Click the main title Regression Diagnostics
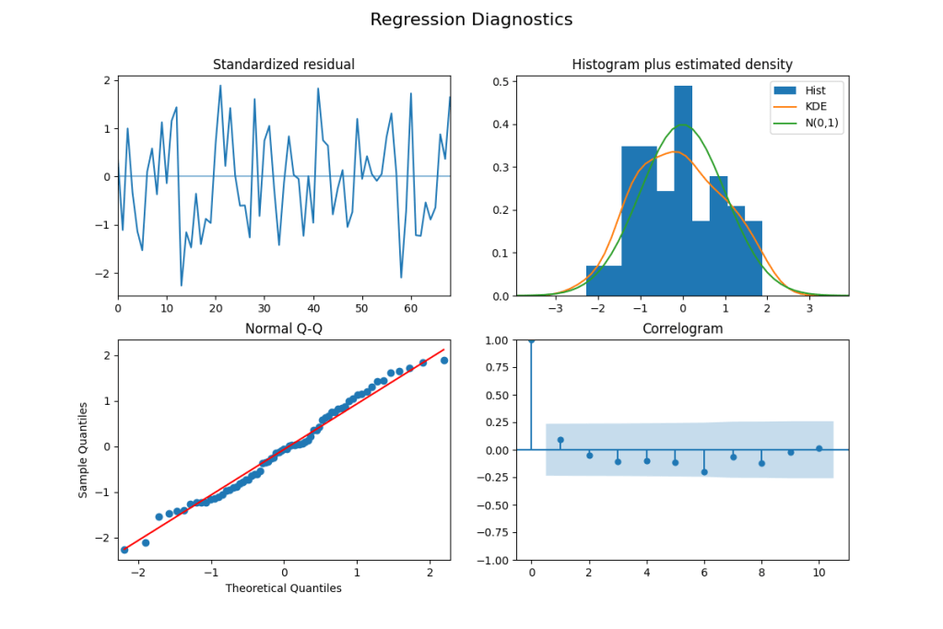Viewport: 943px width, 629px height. [x=471, y=19]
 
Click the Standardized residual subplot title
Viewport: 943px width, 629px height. [x=283, y=65]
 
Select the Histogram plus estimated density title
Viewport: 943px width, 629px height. [x=682, y=65]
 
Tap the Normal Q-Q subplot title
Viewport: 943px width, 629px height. [x=283, y=329]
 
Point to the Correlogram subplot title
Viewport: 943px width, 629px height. [x=682, y=329]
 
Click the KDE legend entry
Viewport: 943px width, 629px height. [x=814, y=108]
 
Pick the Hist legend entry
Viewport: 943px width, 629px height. [x=814, y=90]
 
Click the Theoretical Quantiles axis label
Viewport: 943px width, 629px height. [x=283, y=588]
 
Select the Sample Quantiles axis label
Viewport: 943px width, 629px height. [x=83, y=449]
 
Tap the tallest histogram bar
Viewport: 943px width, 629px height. [x=683, y=184]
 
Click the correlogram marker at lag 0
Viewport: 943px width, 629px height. [x=531, y=339]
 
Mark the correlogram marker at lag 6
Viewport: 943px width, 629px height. [x=704, y=471]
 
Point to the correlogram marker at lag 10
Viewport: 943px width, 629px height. [x=819, y=448]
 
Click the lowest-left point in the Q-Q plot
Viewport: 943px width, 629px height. [x=124, y=550]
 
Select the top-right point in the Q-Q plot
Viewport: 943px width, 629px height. [x=444, y=361]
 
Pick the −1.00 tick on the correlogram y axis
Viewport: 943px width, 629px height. [x=493, y=560]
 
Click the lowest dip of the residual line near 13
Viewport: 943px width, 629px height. [x=182, y=285]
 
